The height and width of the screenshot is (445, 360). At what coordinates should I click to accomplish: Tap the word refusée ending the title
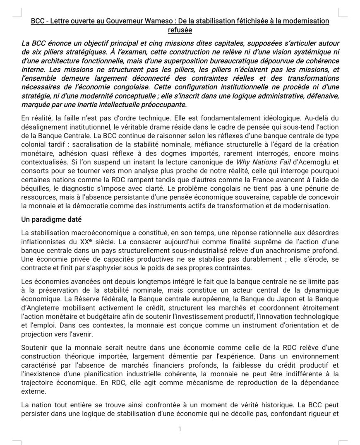pyautogui.click(x=180, y=30)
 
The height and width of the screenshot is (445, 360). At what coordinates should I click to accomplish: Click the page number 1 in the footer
pyautogui.click(x=180, y=429)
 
